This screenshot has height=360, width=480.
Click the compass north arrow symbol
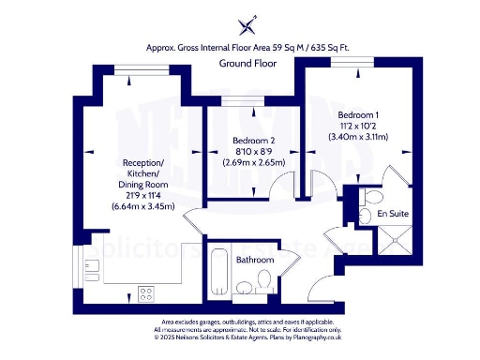pos(247,24)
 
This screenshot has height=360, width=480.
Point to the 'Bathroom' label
pos(255,260)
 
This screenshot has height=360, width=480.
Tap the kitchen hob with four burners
pos(146,293)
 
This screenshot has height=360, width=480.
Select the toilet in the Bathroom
pos(265,277)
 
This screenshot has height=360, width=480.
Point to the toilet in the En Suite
pos(370,198)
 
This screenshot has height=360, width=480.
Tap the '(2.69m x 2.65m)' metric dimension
pos(254,162)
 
